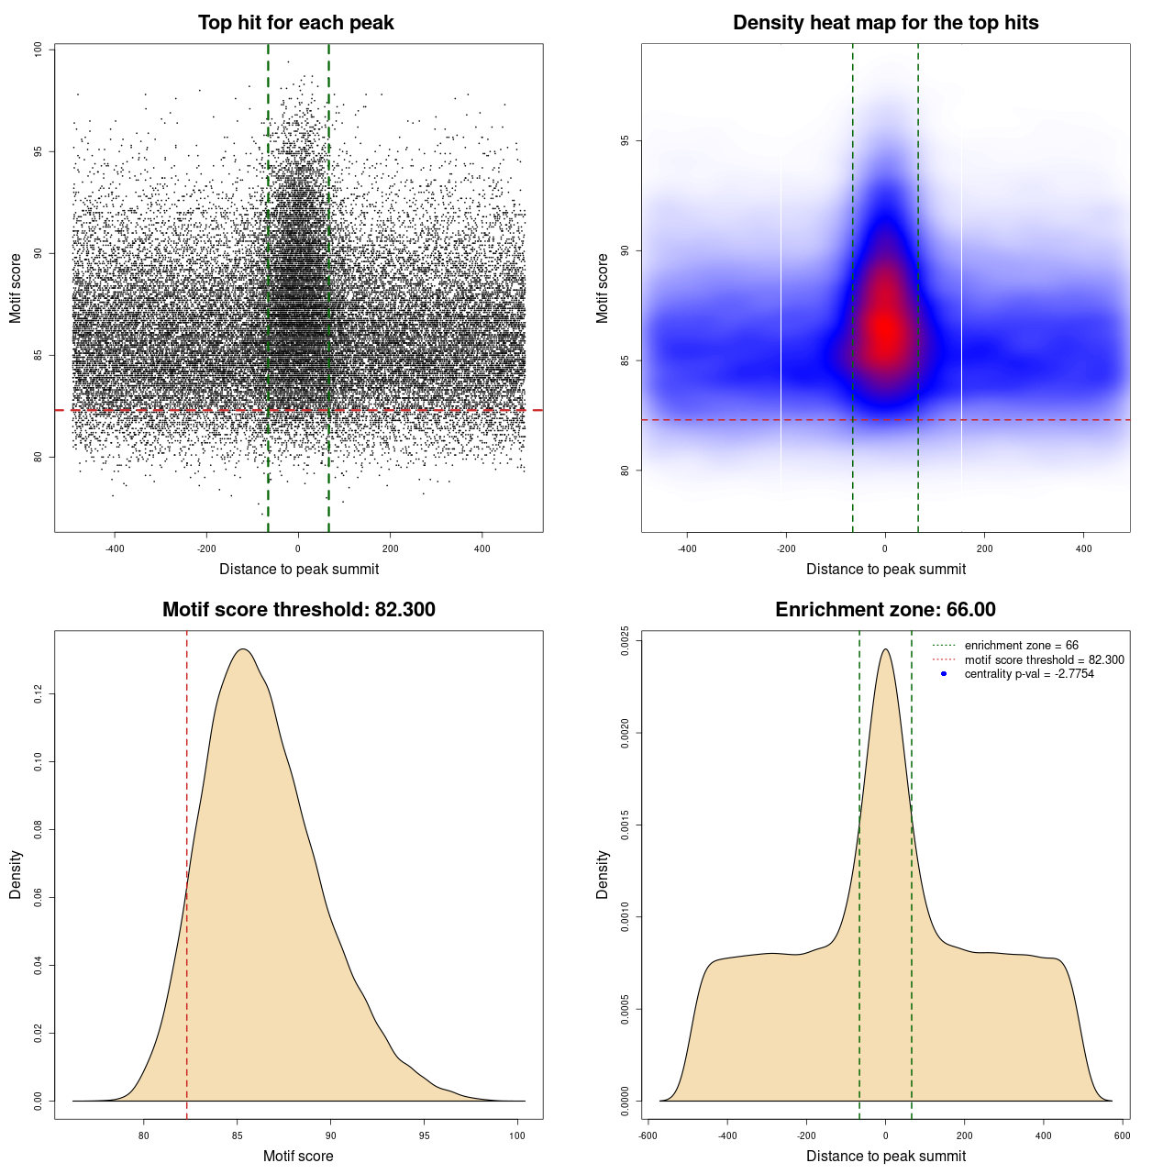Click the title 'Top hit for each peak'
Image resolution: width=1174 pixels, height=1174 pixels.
(295, 23)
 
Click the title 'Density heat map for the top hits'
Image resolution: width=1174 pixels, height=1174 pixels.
(885, 23)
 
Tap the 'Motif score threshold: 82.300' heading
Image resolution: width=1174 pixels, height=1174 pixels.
(298, 610)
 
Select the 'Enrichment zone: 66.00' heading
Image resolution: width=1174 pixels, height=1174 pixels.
(885, 610)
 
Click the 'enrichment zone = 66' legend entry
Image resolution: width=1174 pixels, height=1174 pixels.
(1021, 646)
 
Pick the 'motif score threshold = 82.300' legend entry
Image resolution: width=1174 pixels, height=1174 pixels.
(1044, 659)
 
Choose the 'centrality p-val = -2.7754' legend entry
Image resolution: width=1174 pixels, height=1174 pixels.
(1029, 674)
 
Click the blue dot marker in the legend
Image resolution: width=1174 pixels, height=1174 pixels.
(944, 674)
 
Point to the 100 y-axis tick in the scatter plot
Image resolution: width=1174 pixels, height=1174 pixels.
(38, 50)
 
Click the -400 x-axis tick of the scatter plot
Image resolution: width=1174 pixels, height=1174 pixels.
(115, 548)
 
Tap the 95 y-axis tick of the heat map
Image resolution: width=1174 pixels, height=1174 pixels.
(625, 140)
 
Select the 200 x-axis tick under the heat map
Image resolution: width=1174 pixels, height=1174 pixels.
(984, 548)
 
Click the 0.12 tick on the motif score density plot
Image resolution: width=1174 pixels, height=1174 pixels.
(38, 694)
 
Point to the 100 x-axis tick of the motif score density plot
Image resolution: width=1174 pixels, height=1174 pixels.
(517, 1135)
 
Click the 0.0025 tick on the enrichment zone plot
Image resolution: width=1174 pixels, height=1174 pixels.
(625, 640)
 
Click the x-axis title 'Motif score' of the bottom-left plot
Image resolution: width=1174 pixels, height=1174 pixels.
(298, 1156)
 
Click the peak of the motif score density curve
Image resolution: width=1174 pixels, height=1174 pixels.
(243, 649)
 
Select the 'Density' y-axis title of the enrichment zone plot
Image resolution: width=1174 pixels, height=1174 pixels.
(603, 874)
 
